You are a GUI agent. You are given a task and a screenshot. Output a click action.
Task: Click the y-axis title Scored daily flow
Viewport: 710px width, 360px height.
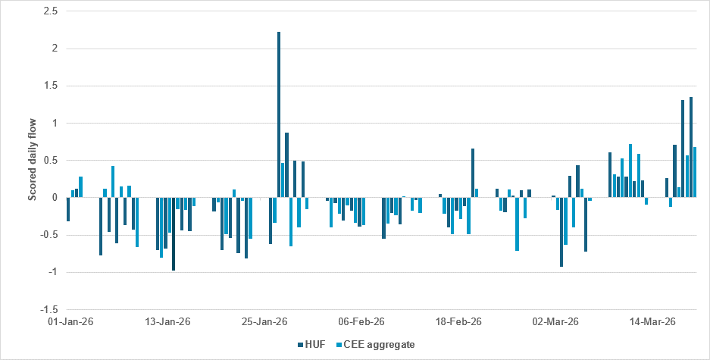(x=32, y=161)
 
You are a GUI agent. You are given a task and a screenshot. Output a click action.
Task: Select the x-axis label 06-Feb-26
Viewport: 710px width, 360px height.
(x=359, y=321)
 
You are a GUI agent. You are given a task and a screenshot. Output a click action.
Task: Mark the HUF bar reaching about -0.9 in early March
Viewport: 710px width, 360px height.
(x=561, y=232)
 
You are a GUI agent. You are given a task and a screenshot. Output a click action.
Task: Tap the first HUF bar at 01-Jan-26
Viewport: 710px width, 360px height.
(x=68, y=209)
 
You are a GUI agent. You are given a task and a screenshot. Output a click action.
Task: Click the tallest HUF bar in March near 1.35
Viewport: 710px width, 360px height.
(x=691, y=147)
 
